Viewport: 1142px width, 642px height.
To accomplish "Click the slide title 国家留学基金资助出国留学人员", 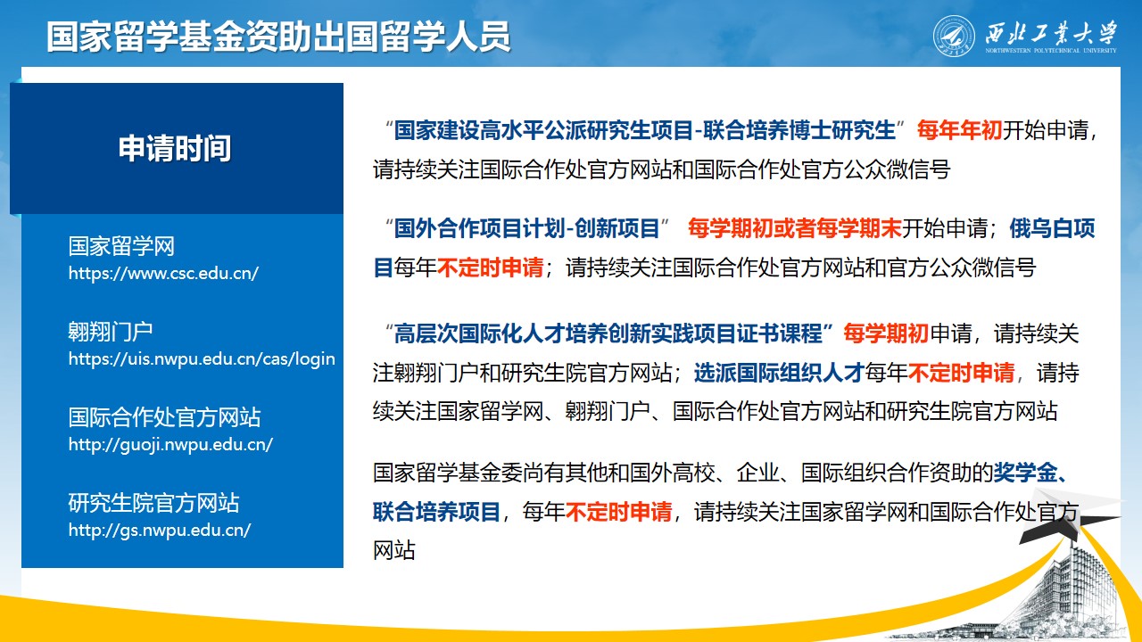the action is (278, 37).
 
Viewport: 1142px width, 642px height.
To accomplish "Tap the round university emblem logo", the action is (954, 37).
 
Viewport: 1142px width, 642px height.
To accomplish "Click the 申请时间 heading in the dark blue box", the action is (175, 148).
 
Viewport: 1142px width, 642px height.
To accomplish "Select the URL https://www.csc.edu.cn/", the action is (163, 274).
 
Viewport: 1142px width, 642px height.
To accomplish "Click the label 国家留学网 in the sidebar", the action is (121, 246).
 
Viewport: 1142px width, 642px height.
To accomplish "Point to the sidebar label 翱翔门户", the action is (111, 332).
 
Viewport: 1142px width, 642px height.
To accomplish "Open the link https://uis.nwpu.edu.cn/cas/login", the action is (202, 359).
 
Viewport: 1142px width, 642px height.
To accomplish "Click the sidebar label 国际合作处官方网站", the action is (164, 417).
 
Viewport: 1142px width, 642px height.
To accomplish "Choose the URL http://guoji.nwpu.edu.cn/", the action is (170, 445).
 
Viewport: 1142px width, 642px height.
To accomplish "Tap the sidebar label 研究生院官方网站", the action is (153, 503).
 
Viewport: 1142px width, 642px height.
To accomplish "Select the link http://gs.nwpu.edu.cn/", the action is (160, 531).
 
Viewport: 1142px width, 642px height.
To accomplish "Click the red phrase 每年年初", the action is (959, 130).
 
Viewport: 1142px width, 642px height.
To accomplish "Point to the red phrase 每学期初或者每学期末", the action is (795, 228).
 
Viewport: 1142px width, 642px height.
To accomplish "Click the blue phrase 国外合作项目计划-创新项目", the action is (527, 228).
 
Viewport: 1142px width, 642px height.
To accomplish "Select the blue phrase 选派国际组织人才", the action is (779, 373).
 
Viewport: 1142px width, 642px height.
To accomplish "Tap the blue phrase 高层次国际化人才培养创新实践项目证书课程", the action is (608, 333).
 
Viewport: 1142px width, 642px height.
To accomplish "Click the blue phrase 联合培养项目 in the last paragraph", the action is (436, 512).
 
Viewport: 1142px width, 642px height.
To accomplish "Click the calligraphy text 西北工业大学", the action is (1051, 33).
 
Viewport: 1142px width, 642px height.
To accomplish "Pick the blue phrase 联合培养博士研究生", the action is (799, 130).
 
